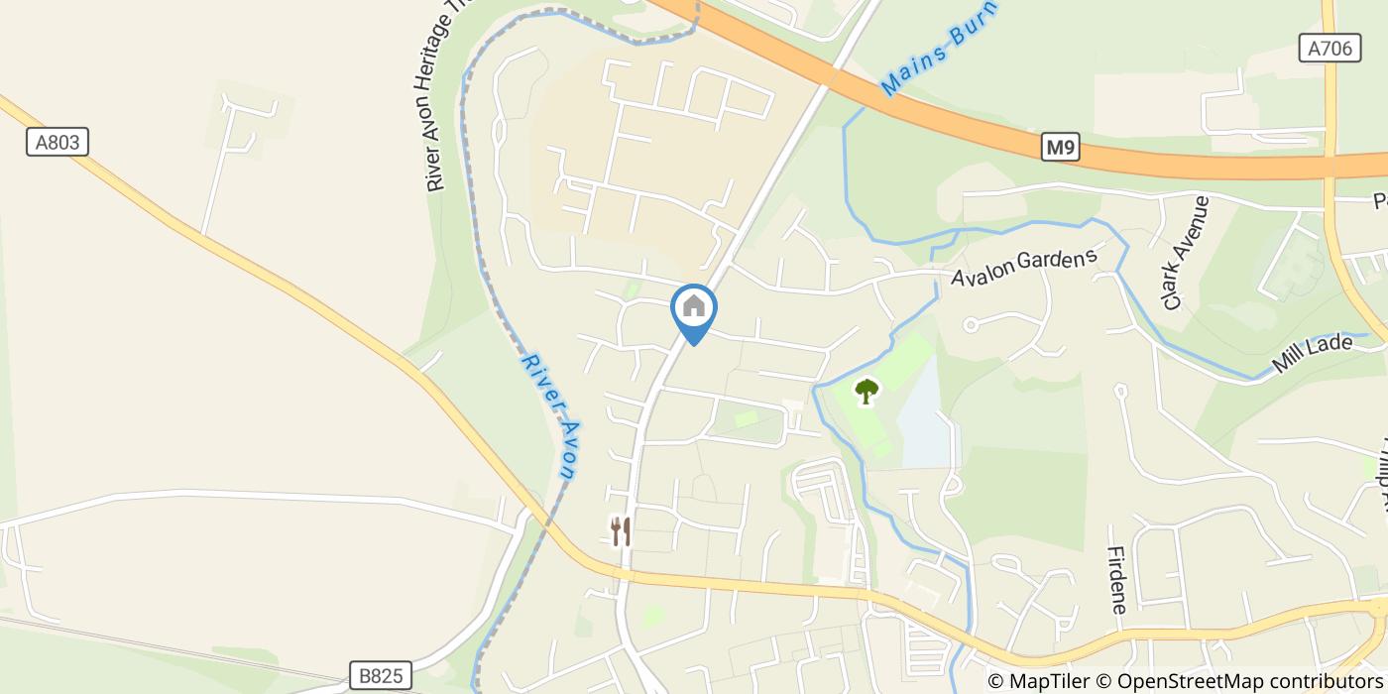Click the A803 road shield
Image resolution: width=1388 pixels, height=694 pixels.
(57, 143)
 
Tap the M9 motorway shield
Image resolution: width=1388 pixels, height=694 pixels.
(1060, 149)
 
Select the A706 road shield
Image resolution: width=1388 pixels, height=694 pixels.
(1329, 49)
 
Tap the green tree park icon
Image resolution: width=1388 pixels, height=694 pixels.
(867, 391)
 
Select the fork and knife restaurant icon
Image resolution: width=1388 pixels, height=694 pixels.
(621, 531)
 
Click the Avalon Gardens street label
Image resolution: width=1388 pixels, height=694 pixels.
(1024, 267)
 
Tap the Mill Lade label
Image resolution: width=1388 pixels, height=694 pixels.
(1313, 354)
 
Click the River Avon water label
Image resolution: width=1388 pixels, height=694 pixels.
(549, 416)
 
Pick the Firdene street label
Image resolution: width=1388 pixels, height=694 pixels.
(1117, 580)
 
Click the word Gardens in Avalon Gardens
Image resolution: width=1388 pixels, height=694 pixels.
(1059, 262)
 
